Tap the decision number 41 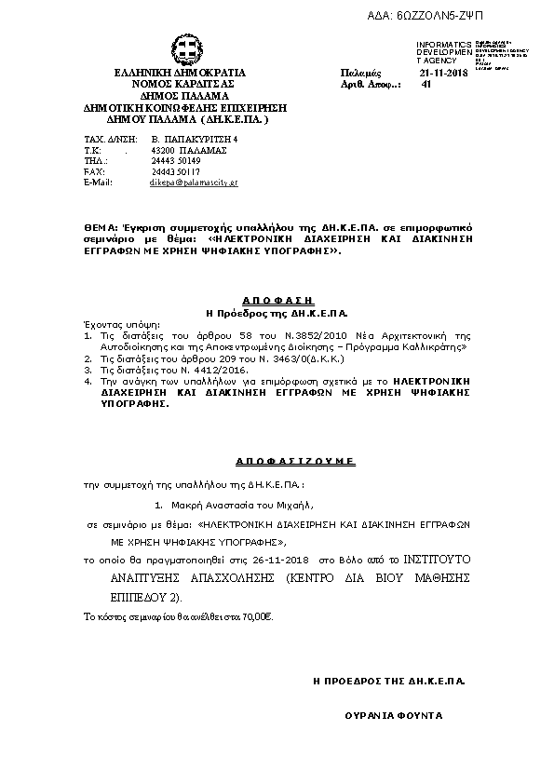click(x=426, y=85)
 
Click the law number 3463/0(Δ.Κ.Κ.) click(x=304, y=358)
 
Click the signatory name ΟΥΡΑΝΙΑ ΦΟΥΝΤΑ click(x=394, y=715)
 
